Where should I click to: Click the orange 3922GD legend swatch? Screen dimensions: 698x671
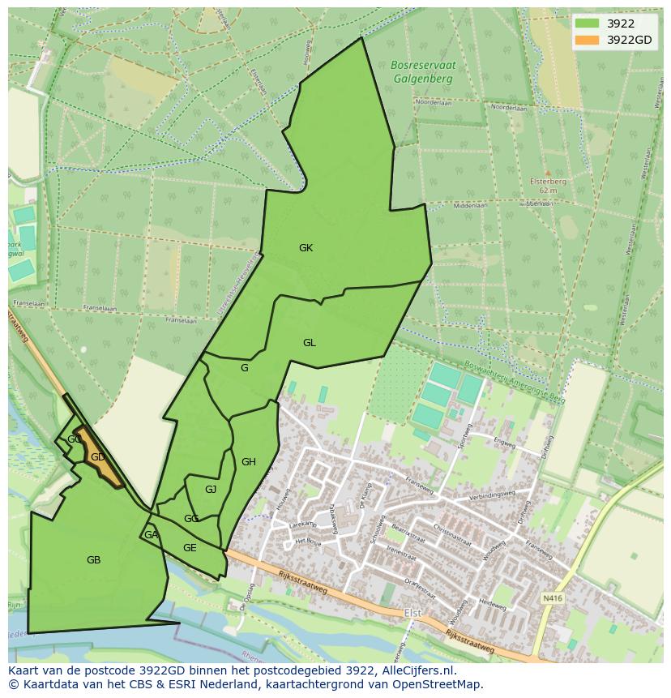587,40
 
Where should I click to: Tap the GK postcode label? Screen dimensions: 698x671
306,248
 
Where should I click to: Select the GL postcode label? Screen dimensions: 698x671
309,343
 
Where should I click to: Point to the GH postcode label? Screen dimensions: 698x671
249,462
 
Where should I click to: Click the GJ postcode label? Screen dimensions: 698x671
211,489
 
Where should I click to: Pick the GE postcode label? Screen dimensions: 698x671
190,548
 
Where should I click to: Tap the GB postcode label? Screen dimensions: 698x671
93,559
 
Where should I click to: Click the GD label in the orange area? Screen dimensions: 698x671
97,457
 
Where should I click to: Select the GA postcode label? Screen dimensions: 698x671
151,535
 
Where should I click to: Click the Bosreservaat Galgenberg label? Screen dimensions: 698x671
422,72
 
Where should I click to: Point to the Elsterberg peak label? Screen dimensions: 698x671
548,182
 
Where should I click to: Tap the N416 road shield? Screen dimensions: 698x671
551,598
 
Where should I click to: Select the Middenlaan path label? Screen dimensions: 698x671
470,206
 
